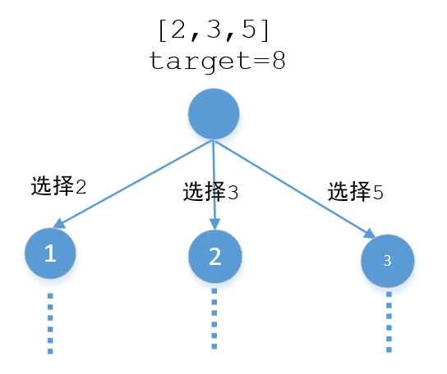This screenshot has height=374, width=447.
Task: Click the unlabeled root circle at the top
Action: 214,114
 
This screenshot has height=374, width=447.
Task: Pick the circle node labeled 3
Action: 388,261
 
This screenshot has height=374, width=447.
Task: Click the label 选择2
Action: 58,186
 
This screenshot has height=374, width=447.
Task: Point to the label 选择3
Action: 211,193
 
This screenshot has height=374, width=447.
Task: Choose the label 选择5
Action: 356,192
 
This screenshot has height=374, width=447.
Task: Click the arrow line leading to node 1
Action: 131,183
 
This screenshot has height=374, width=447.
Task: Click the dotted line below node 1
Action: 50,323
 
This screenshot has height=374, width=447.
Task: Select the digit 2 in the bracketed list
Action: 172,30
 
